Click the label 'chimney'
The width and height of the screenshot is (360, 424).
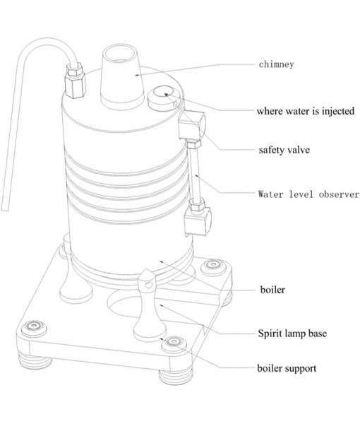[275, 64]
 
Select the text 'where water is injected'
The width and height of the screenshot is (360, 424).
[304, 111]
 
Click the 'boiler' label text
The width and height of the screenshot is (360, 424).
[271, 289]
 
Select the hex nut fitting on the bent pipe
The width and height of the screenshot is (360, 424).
[73, 82]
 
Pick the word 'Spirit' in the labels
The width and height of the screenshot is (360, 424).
[268, 330]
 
